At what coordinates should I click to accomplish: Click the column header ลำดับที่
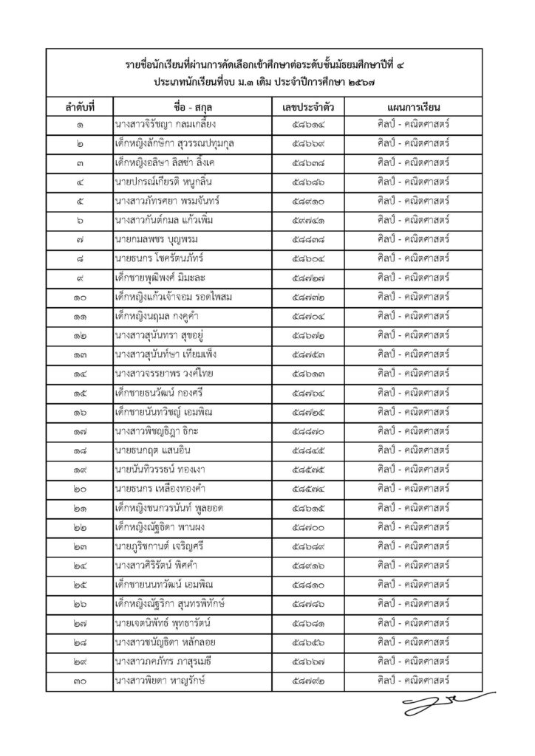79,107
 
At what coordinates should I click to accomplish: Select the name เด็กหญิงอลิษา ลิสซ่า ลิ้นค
167,162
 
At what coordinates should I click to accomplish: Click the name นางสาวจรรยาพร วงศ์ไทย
166,373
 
